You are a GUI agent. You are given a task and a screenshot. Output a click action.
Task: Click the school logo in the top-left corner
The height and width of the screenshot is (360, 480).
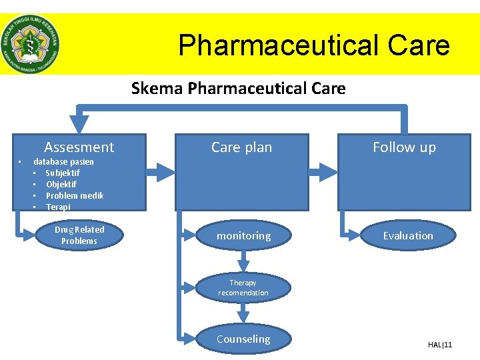pyautogui.click(x=30, y=44)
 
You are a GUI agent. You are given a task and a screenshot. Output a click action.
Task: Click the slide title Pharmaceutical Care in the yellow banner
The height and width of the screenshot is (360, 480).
pyautogui.click(x=314, y=45)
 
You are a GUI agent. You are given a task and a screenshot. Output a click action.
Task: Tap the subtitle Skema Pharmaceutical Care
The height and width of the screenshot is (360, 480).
pyautogui.click(x=239, y=88)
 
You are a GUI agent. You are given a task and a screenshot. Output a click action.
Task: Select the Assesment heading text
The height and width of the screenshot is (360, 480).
pyautogui.click(x=79, y=147)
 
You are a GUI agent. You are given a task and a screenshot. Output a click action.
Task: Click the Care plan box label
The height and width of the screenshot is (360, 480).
pyautogui.click(x=241, y=147)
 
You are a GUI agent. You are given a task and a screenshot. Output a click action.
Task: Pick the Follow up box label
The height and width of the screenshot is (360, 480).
pyautogui.click(x=404, y=147)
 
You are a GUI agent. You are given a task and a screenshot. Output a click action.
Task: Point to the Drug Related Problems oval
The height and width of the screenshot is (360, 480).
pyautogui.click(x=79, y=235)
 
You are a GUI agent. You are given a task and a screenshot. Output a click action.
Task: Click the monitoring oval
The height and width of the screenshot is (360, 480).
pyautogui.click(x=243, y=236)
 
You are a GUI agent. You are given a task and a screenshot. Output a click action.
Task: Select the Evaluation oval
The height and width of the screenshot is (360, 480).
pyautogui.click(x=408, y=235)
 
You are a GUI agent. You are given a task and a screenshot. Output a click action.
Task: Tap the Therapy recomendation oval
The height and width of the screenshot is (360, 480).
pyautogui.click(x=243, y=287)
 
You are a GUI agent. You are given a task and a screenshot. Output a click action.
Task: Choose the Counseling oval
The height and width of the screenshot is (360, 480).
pyautogui.click(x=243, y=339)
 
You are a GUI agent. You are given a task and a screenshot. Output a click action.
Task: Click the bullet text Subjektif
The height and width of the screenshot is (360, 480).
pyautogui.click(x=63, y=173)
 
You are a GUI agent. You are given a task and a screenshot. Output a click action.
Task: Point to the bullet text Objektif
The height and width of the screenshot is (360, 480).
pyautogui.click(x=61, y=184)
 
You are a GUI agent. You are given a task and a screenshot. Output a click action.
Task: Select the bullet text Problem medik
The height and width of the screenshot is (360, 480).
pyautogui.click(x=75, y=195)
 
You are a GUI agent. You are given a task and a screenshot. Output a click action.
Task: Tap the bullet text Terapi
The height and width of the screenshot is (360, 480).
pyautogui.click(x=58, y=207)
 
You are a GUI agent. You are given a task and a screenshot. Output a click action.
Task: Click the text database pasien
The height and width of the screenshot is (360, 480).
pyautogui.click(x=64, y=161)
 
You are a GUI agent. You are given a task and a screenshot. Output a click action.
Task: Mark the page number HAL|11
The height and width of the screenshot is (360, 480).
pyautogui.click(x=440, y=345)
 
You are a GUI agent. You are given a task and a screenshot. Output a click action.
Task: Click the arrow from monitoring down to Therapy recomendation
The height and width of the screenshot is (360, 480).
pyautogui.click(x=243, y=261)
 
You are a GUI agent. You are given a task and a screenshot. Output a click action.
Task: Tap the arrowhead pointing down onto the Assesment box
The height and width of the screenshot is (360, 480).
pyautogui.click(x=79, y=124)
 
